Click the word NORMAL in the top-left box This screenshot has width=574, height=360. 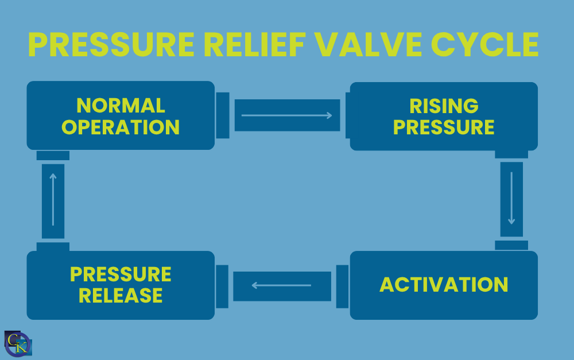121,106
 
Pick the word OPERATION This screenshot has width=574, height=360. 121,127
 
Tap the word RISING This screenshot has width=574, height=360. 444,106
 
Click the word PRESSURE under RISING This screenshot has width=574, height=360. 444,127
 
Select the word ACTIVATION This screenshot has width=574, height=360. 444,285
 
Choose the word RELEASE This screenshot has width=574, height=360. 121,295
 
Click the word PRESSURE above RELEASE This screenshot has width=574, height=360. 121,274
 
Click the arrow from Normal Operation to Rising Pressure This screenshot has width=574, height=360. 287,115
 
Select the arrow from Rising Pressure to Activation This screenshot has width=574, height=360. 511,199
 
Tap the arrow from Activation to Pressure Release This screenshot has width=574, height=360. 282,285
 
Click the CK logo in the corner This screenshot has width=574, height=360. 18,344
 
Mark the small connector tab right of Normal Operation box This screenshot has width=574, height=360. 223,115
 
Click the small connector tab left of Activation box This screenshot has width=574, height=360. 342,285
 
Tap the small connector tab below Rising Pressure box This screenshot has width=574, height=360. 511,154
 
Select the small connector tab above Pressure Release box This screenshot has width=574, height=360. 53,247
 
